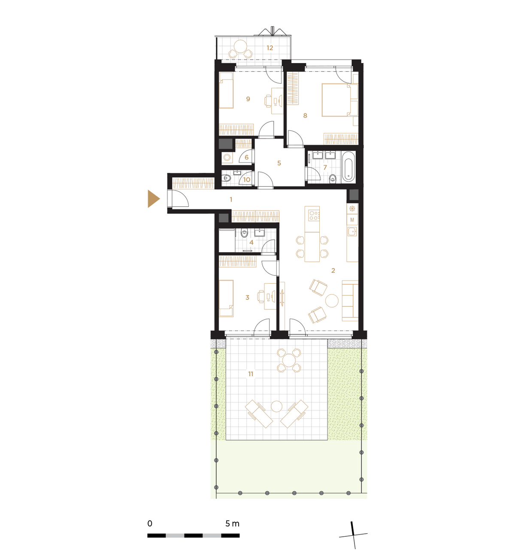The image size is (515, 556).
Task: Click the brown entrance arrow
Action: [153, 199]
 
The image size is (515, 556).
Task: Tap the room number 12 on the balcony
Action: [270, 48]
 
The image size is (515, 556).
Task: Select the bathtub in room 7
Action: [348, 167]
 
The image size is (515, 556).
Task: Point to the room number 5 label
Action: [279, 163]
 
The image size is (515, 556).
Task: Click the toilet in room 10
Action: [226, 178]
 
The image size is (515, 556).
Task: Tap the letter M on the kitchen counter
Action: [352, 220]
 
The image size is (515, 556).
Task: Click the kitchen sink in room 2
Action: [352, 232]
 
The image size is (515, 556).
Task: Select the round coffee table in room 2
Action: [331, 301]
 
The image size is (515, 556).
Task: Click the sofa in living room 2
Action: [350, 301]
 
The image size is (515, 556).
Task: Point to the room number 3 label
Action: [247, 297]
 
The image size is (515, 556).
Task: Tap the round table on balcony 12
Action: [240, 46]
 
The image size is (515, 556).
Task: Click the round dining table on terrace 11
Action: [289, 360]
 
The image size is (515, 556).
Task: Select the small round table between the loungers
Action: [276, 406]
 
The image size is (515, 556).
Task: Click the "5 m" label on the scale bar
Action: [232, 523]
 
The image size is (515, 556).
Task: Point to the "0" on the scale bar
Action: [150, 523]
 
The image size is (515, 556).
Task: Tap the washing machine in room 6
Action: [227, 157]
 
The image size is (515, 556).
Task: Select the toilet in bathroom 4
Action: [244, 233]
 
